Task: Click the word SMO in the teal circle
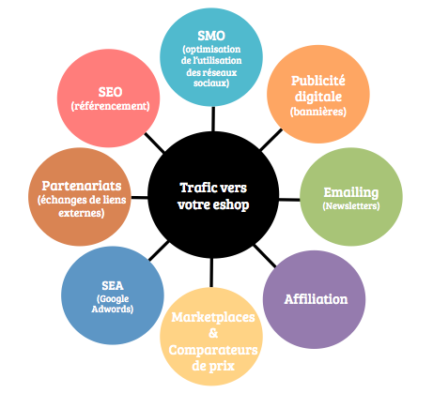[x=211, y=36]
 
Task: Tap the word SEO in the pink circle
[x=110, y=92]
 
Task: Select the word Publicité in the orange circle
[x=318, y=81]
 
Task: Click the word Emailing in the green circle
[x=351, y=192]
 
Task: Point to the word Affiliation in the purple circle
[x=316, y=299]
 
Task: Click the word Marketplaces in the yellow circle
[x=213, y=317]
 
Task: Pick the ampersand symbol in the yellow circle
[x=213, y=333]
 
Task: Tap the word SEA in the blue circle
[x=113, y=286]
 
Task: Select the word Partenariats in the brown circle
[x=82, y=186]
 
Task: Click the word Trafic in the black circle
[x=194, y=188]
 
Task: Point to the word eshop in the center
[x=231, y=205]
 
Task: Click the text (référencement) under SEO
[x=110, y=106]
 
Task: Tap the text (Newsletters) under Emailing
[x=351, y=206]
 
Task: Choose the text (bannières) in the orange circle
[x=318, y=112]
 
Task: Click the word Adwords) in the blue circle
[x=113, y=310]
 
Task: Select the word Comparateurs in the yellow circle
[x=213, y=350]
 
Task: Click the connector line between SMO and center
[x=213, y=119]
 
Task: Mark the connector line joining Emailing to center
[x=289, y=199]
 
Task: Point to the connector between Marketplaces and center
[x=211, y=273]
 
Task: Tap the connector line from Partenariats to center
[x=139, y=197]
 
